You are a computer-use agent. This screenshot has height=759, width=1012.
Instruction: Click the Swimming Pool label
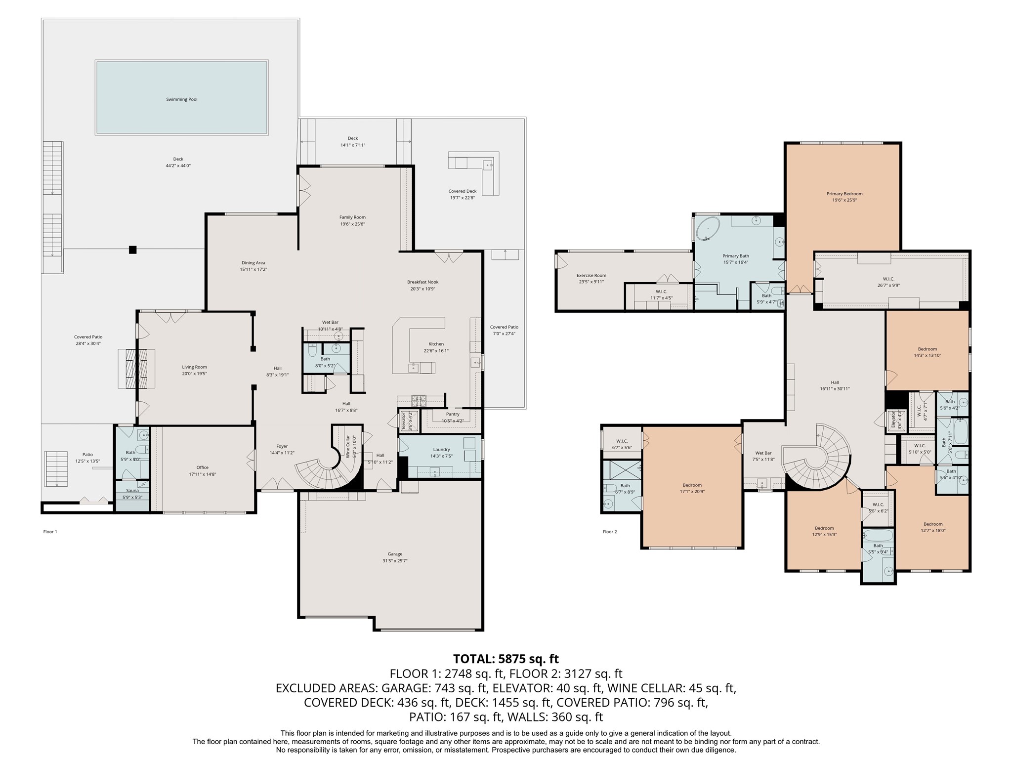(182, 99)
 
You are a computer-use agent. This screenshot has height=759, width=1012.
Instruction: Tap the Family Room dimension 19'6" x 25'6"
(352, 224)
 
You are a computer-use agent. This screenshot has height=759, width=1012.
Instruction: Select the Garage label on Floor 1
(395, 554)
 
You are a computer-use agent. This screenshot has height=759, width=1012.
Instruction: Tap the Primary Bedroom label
(844, 194)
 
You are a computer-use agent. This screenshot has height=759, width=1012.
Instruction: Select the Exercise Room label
(591, 275)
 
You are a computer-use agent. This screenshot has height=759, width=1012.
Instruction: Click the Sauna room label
(132, 491)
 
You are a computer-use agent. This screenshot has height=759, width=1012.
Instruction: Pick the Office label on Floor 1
(202, 467)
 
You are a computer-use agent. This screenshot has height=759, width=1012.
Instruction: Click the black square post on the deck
(132, 250)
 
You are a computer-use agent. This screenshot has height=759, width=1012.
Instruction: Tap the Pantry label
(452, 414)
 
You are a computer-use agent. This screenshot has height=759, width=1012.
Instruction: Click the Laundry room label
(441, 450)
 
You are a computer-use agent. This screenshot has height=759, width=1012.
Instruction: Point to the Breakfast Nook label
(422, 282)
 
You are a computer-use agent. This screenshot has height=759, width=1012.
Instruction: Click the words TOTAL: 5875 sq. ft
(506, 659)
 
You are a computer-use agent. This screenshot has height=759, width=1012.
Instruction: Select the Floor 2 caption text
(610, 532)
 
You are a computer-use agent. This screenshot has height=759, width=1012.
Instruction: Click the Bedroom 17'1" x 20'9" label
(692, 485)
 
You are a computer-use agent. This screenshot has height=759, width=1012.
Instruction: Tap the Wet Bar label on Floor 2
(763, 453)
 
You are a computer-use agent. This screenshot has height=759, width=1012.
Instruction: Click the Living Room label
(194, 367)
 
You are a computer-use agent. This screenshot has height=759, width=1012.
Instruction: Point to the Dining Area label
(253, 263)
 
